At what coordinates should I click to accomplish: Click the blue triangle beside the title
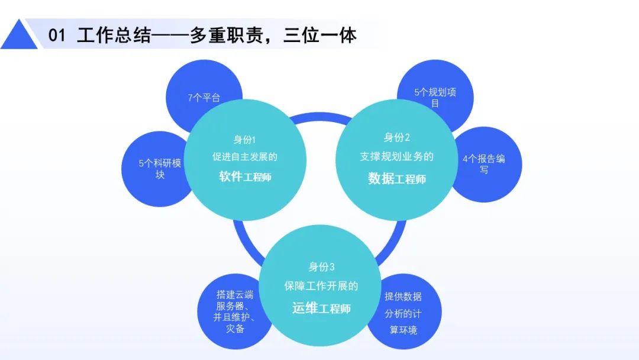19,36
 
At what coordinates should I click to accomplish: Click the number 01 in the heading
57,35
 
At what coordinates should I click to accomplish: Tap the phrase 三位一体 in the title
320,35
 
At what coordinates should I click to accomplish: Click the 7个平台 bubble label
204,98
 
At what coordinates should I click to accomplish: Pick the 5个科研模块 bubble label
160,169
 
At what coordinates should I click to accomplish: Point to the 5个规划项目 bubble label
435,98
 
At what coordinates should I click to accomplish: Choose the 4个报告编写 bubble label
484,164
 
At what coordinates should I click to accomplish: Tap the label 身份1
244,140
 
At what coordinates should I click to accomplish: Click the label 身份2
396,137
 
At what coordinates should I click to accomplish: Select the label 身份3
321,266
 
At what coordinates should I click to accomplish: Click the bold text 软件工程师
245,176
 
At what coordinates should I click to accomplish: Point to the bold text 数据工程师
397,179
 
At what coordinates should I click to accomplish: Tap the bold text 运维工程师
321,308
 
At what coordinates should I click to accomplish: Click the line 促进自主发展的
244,156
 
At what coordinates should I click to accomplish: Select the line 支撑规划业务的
396,156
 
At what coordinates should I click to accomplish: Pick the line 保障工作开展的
321,286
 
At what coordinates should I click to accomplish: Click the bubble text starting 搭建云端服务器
234,311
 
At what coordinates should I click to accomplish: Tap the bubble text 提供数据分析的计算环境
403,313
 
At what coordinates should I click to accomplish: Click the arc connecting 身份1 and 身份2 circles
321,116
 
